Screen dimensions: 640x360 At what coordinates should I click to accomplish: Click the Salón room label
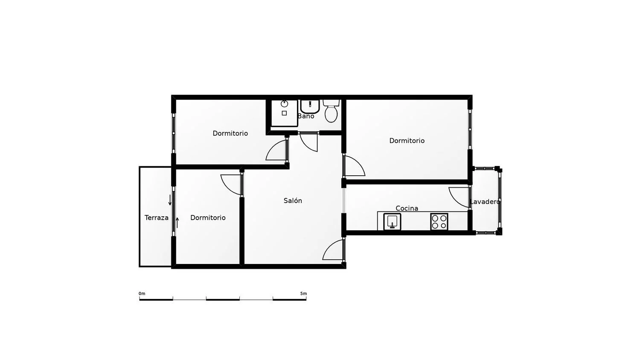[293, 200]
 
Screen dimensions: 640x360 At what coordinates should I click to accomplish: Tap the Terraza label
[156, 218]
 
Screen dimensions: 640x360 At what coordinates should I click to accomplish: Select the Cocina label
[407, 208]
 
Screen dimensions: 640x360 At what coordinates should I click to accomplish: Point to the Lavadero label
[485, 202]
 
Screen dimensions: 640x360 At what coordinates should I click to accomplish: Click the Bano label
[306, 116]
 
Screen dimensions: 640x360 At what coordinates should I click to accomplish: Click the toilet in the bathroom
[331, 111]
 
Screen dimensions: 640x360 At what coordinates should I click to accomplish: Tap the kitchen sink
[392, 221]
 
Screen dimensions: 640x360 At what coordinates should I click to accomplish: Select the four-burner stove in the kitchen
[439, 222]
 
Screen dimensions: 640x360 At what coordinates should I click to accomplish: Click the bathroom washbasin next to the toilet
[310, 106]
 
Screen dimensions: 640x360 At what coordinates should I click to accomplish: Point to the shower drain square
[284, 113]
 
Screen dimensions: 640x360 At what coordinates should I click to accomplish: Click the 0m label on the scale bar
[142, 293]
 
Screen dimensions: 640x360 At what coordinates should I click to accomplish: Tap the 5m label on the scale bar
[303, 293]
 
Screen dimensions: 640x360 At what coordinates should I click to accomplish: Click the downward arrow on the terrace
[170, 200]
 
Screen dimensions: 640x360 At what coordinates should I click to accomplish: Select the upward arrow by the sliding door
[177, 223]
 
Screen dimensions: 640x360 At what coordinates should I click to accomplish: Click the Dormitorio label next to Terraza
[208, 218]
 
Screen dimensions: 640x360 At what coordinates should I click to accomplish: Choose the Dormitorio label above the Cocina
[407, 141]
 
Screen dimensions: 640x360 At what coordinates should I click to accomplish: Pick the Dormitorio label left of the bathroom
[230, 133]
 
